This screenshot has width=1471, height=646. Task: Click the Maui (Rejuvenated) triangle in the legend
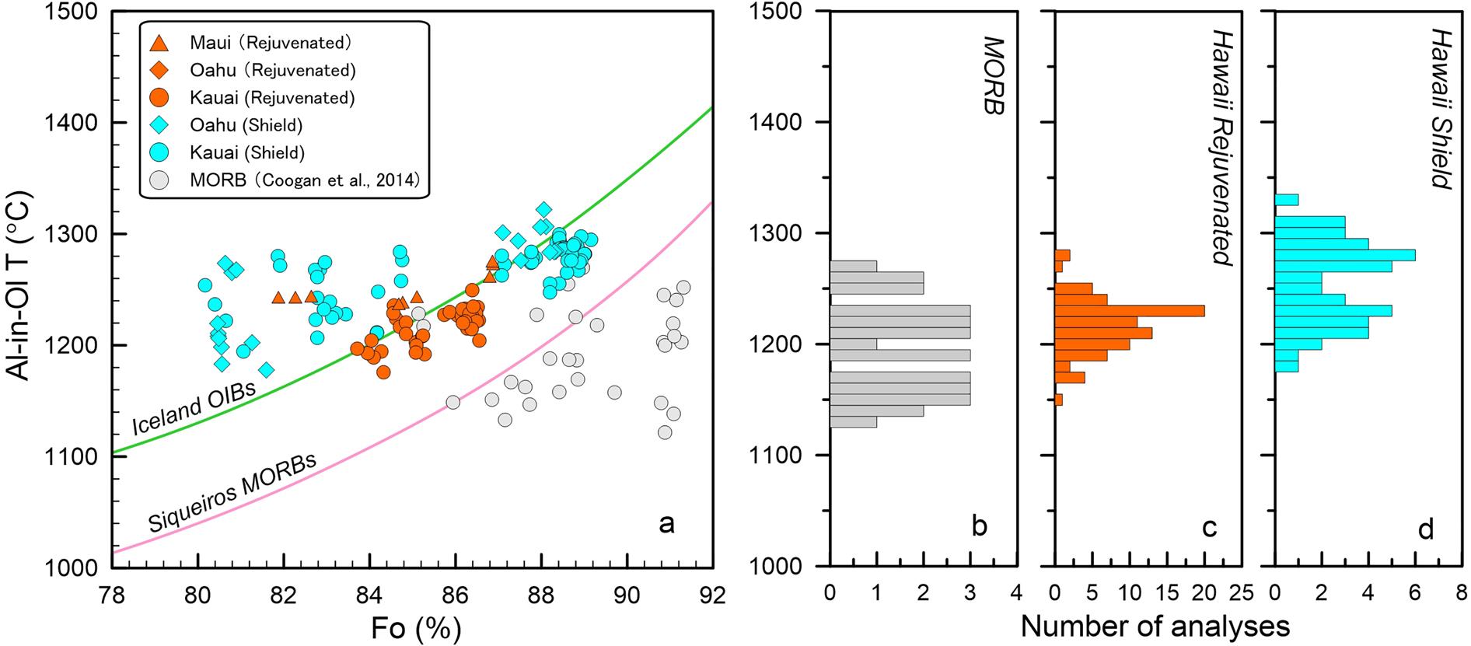(158, 42)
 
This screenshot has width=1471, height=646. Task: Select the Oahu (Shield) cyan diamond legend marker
(158, 124)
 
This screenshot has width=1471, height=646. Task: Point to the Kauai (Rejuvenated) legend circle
(158, 97)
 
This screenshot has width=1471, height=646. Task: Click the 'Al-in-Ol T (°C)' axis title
(23, 288)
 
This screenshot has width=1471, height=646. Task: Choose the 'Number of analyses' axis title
(1155, 625)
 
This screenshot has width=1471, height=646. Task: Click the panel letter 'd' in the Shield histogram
(1425, 529)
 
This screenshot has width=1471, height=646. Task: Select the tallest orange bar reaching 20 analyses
(1129, 311)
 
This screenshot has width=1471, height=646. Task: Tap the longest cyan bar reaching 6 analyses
(1344, 255)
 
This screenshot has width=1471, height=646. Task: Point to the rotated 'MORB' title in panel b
(989, 75)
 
